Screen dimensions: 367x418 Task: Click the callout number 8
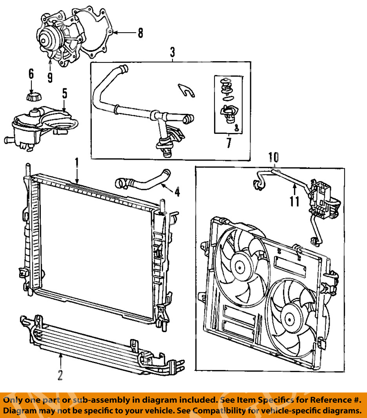tap(140, 33)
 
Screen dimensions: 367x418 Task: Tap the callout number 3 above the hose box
tap(173, 53)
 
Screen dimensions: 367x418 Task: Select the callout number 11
tap(294, 201)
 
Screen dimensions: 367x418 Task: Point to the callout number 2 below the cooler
tap(60, 375)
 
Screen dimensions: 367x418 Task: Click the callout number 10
tap(274, 157)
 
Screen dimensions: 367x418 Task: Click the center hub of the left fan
tap(240, 267)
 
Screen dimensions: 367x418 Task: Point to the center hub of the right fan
tap(289, 319)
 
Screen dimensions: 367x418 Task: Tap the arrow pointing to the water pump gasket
tap(125, 33)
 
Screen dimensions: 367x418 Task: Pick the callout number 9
tap(50, 78)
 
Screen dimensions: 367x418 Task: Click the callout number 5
tap(64, 93)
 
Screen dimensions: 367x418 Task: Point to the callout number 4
tap(177, 192)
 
